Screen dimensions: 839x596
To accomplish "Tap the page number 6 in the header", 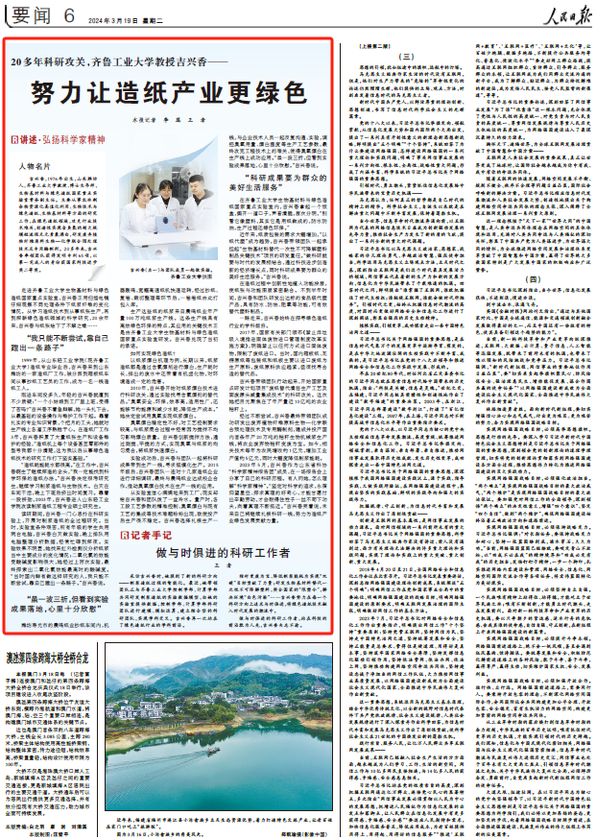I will pos(70,14).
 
